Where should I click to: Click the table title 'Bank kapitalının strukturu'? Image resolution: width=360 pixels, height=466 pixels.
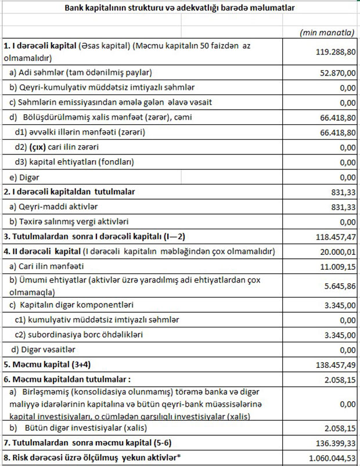coord(180,8)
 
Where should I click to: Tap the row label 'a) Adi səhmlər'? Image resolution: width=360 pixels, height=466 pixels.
coord(81,73)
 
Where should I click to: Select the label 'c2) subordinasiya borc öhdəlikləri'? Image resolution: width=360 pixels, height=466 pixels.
coord(79,335)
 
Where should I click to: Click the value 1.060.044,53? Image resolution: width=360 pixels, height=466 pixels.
coord(326,458)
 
